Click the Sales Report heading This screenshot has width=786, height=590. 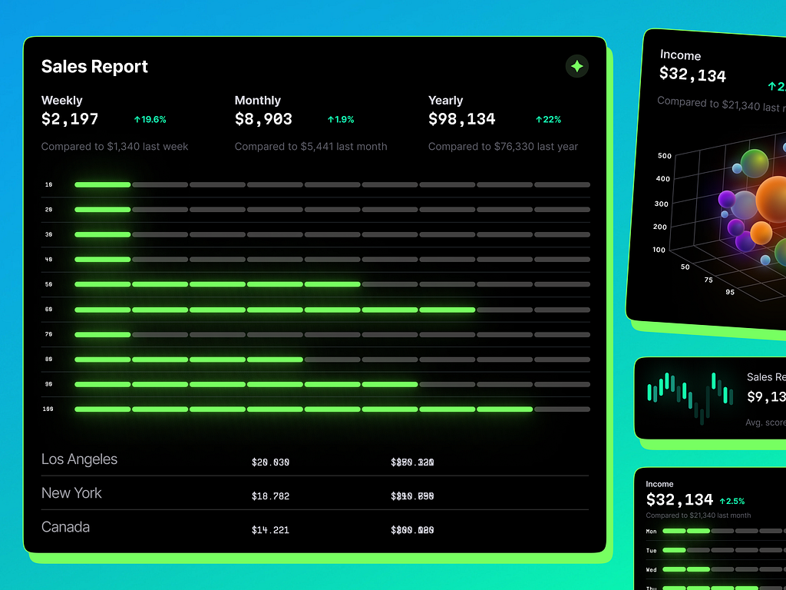(94, 67)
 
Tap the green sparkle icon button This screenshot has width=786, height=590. (577, 66)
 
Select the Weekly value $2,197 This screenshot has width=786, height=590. (70, 119)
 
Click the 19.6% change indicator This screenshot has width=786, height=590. (150, 119)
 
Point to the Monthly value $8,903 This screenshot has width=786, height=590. (263, 119)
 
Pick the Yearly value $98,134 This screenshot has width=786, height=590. (461, 119)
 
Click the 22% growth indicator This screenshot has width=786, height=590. (548, 119)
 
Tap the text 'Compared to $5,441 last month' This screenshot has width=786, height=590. (311, 147)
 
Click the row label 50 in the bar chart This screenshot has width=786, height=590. (48, 284)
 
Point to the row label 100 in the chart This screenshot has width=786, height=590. (48, 409)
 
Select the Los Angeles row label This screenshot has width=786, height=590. (79, 459)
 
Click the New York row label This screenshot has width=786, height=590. (71, 493)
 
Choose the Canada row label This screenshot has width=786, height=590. (65, 527)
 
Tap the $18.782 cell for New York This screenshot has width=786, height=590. (270, 496)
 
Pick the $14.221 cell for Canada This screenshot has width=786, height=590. (270, 530)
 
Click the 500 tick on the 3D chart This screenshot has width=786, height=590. (664, 156)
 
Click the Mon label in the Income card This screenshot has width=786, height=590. (651, 531)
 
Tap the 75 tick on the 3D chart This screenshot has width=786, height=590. (708, 280)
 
